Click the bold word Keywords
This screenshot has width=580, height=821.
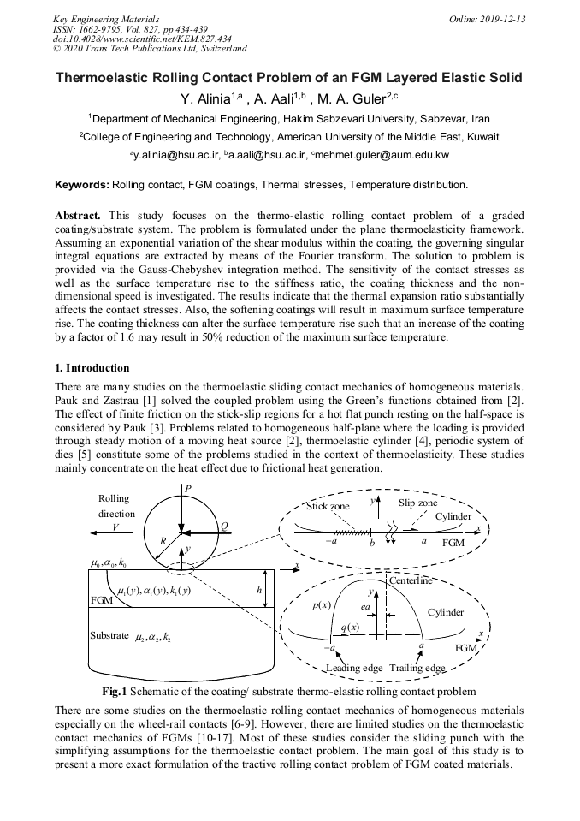(x=82, y=185)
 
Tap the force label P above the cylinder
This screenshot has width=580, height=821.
(x=187, y=489)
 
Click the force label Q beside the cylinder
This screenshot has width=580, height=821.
(x=223, y=527)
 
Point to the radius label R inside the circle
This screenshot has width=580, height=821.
(x=163, y=540)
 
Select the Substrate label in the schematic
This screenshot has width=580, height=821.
(x=109, y=636)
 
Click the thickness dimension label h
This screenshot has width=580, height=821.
(x=259, y=590)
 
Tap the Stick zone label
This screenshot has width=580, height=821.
(x=328, y=507)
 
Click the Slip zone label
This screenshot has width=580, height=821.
(x=417, y=503)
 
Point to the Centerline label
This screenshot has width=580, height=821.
(x=411, y=581)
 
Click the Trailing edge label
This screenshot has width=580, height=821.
(x=417, y=668)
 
